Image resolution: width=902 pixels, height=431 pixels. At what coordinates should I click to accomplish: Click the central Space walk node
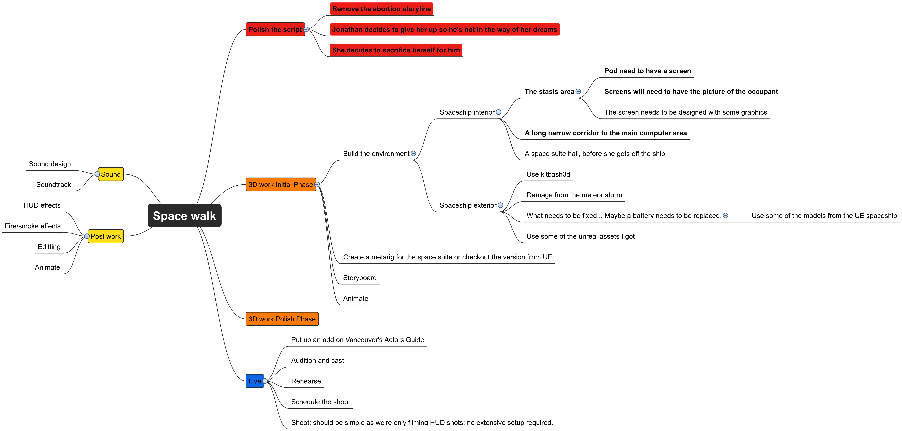point(185,215)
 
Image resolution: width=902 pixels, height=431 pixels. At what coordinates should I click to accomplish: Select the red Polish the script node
point(275,29)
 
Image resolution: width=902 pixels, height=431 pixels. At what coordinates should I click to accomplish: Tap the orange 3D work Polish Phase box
point(282,319)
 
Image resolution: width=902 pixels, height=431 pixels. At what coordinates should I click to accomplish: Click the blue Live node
point(255,381)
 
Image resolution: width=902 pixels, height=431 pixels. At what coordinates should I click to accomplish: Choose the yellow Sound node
point(111,174)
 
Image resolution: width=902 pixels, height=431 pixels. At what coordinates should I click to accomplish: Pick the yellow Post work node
point(105,236)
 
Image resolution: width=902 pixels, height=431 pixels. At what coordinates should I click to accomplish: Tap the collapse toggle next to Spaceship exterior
point(500,205)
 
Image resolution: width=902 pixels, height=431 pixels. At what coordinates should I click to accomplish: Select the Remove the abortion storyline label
point(381,9)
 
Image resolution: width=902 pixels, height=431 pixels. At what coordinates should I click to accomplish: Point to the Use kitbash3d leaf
point(548,174)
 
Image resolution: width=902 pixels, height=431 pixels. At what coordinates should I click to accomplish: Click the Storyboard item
point(360,278)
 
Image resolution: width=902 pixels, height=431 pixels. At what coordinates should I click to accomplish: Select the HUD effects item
point(42,205)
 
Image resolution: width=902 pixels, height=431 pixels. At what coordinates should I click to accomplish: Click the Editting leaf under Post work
point(49,247)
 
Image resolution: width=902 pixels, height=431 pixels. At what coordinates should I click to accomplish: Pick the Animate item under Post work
point(47,267)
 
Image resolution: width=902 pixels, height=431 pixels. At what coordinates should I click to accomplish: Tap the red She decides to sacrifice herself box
point(396,50)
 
